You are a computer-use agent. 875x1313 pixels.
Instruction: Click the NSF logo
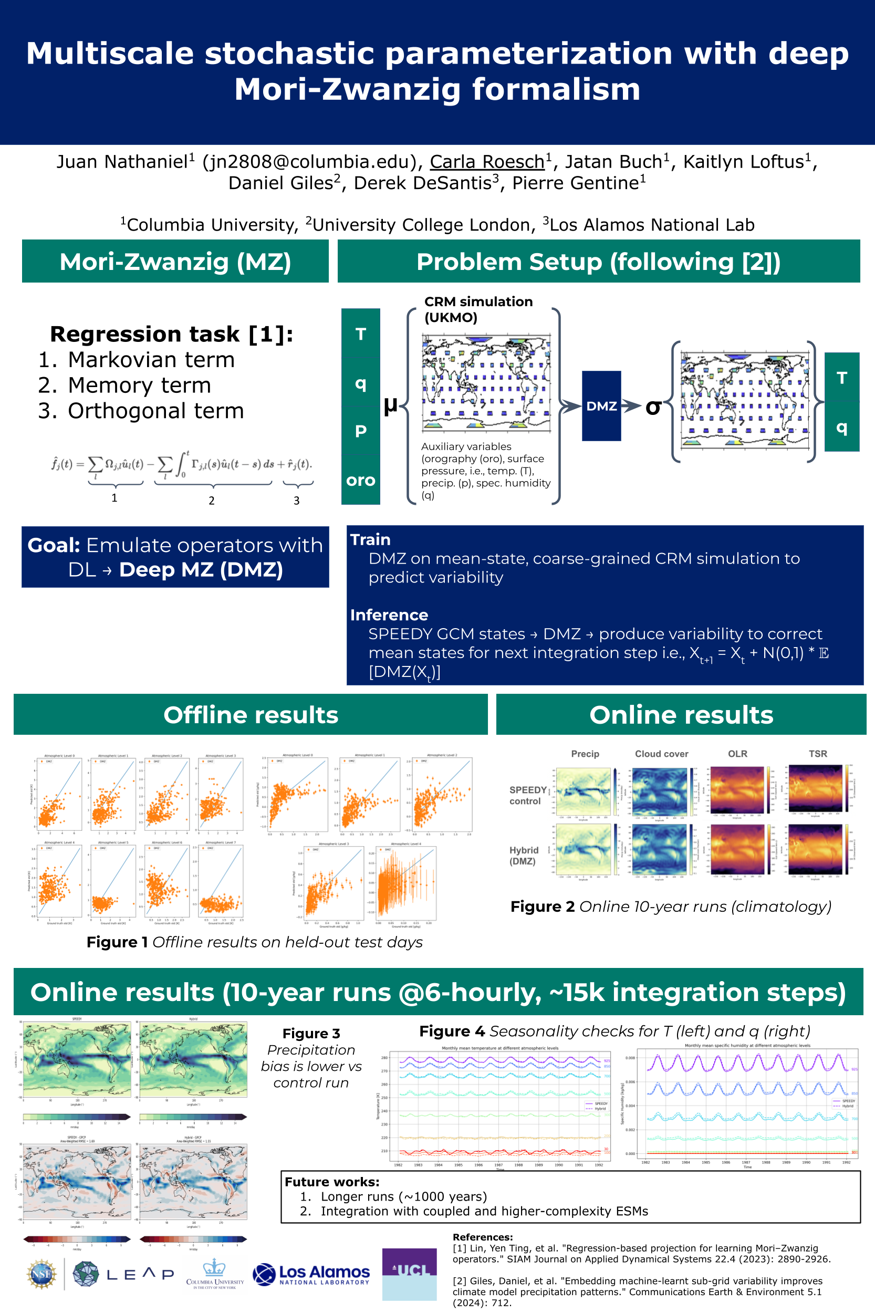tap(42, 1274)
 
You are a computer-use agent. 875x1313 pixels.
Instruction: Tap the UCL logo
tap(409, 1274)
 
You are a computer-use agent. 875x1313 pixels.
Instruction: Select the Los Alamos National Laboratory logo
tap(311, 1274)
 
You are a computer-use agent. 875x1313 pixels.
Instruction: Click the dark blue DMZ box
tap(601, 405)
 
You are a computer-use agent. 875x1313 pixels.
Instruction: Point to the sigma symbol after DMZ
tap(653, 407)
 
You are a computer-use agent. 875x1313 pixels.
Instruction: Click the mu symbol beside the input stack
tap(391, 404)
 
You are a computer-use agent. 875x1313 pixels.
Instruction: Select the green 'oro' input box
tap(360, 480)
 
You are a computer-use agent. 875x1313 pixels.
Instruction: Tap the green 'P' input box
tap(360, 431)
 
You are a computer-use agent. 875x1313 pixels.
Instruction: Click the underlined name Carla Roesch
tap(486, 161)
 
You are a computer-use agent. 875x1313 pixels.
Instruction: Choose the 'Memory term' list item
tap(139, 385)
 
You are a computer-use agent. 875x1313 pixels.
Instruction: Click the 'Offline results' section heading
tap(251, 714)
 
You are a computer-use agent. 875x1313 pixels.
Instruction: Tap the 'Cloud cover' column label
tap(661, 753)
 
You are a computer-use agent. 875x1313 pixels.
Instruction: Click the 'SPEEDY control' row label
tap(527, 795)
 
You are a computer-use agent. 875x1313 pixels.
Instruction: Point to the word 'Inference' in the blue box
tap(389, 615)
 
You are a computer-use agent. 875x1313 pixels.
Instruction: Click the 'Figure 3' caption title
tap(311, 1033)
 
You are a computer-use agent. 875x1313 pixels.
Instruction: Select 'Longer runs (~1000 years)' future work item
tap(403, 1196)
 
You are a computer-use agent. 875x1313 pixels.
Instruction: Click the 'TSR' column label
tap(818, 753)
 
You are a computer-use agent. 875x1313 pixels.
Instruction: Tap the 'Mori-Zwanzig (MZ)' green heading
tap(175, 262)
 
